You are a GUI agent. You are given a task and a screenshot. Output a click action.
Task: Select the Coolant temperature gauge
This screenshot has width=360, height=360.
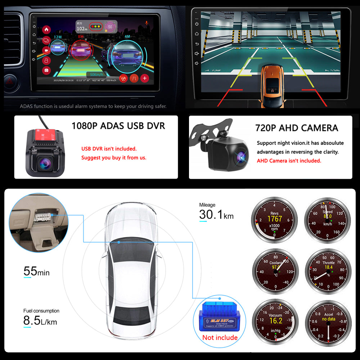(x=275, y=270)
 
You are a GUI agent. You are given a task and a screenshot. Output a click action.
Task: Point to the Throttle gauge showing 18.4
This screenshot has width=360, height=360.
(x=327, y=270)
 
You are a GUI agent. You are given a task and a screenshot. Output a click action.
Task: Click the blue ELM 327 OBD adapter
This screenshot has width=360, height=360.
(x=219, y=316)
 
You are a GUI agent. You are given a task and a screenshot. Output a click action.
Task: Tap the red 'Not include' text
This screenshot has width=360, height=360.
(x=220, y=337)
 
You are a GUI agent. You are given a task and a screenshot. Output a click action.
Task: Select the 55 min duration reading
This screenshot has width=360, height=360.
(x=36, y=271)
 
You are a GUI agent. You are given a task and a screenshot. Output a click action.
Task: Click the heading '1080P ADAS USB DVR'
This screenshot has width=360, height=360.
(x=118, y=126)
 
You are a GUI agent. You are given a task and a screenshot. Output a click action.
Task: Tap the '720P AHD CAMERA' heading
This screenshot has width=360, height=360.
(x=296, y=128)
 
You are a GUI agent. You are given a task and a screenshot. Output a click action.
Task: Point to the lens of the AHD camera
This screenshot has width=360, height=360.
(x=240, y=156)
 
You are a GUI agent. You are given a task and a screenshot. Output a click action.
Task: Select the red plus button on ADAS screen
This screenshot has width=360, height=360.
(x=144, y=78)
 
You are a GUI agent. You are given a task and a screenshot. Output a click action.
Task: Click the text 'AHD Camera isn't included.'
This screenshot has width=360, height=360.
(x=289, y=161)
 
